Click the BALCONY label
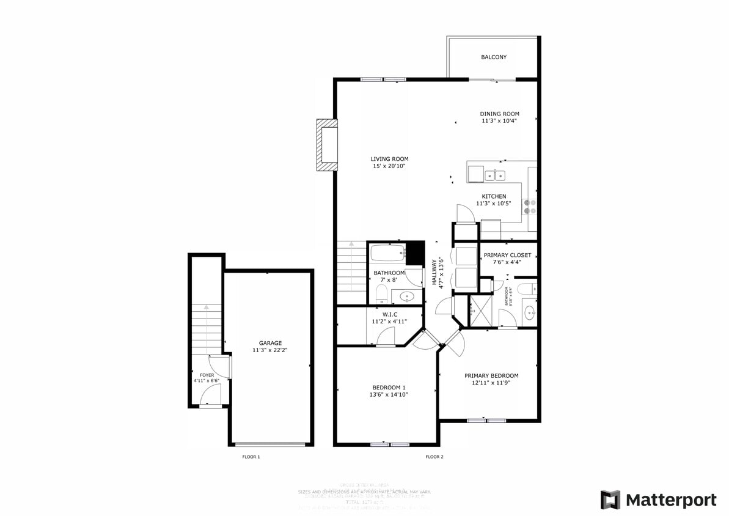pyautogui.click(x=493, y=57)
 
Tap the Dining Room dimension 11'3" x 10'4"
pyautogui.click(x=499, y=121)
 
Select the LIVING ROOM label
pyautogui.click(x=389, y=159)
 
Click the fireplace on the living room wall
pyautogui.click(x=327, y=144)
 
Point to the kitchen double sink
pyautogui.click(x=495, y=176)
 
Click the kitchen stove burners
pyautogui.click(x=530, y=207)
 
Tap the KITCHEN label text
pyautogui.click(x=493, y=196)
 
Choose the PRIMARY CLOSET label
pyautogui.click(x=507, y=255)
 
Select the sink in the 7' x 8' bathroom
pyautogui.click(x=406, y=297)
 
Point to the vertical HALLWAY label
pyautogui.click(x=434, y=273)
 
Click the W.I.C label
pyautogui.click(x=389, y=314)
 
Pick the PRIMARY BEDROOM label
pyautogui.click(x=491, y=376)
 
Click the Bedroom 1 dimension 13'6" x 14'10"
pyautogui.click(x=389, y=395)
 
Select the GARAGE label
pyautogui.click(x=270, y=343)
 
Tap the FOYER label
pyautogui.click(x=207, y=375)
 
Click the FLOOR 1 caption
pyautogui.click(x=251, y=457)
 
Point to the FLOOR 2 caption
pyautogui.click(x=434, y=457)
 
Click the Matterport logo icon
pyautogui.click(x=610, y=499)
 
